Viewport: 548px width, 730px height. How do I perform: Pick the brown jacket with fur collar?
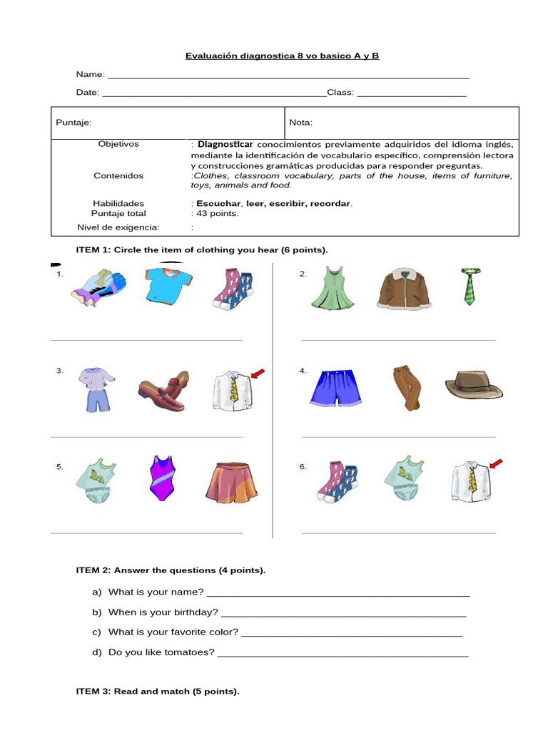tap(404, 288)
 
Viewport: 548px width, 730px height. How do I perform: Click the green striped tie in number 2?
tap(469, 287)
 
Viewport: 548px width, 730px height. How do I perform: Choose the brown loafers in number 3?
tap(164, 391)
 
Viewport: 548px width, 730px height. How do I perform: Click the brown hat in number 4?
tap(474, 386)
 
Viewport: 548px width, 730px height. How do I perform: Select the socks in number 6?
tap(338, 482)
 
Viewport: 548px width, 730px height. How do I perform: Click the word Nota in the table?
tap(300, 123)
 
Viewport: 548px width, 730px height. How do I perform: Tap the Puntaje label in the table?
tap(73, 123)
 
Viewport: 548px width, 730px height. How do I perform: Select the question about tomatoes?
tap(161, 652)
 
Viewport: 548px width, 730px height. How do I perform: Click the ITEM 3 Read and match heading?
tap(158, 692)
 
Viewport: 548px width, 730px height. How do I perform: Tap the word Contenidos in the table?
tap(118, 175)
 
